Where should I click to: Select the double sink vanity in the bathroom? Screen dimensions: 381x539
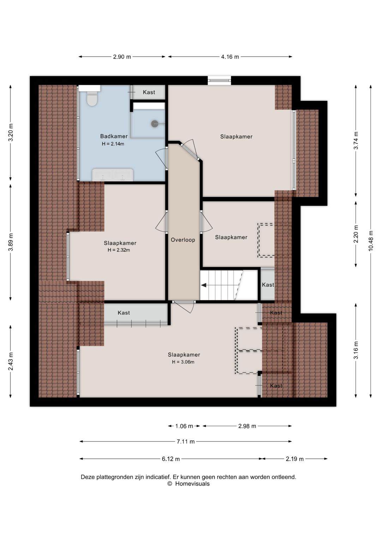tap(113, 174)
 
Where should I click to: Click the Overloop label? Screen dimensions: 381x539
tap(183, 240)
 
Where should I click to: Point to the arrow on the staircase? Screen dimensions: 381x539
tap(204, 285)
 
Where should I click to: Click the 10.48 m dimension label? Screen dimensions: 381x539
tap(371, 241)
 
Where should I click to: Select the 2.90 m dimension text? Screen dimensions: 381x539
tap(122, 57)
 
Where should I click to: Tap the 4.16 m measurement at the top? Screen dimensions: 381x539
tap(230, 57)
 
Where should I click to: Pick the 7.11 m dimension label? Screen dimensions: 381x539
tap(186, 442)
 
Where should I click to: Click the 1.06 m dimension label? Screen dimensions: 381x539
tap(184, 426)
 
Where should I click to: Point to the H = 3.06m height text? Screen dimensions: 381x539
tap(183, 362)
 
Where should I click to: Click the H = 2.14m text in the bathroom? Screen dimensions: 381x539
tap(113, 144)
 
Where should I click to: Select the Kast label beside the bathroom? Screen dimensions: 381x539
tap(149, 92)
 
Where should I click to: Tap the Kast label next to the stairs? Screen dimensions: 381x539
tap(268, 285)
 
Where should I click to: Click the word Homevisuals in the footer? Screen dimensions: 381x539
tap(192, 484)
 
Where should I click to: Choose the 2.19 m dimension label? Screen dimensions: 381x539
tap(295, 459)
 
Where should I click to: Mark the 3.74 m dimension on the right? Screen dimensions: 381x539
tap(356, 141)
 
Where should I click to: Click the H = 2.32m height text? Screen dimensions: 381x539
tap(119, 250)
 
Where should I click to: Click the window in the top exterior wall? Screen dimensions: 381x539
tap(219, 81)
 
